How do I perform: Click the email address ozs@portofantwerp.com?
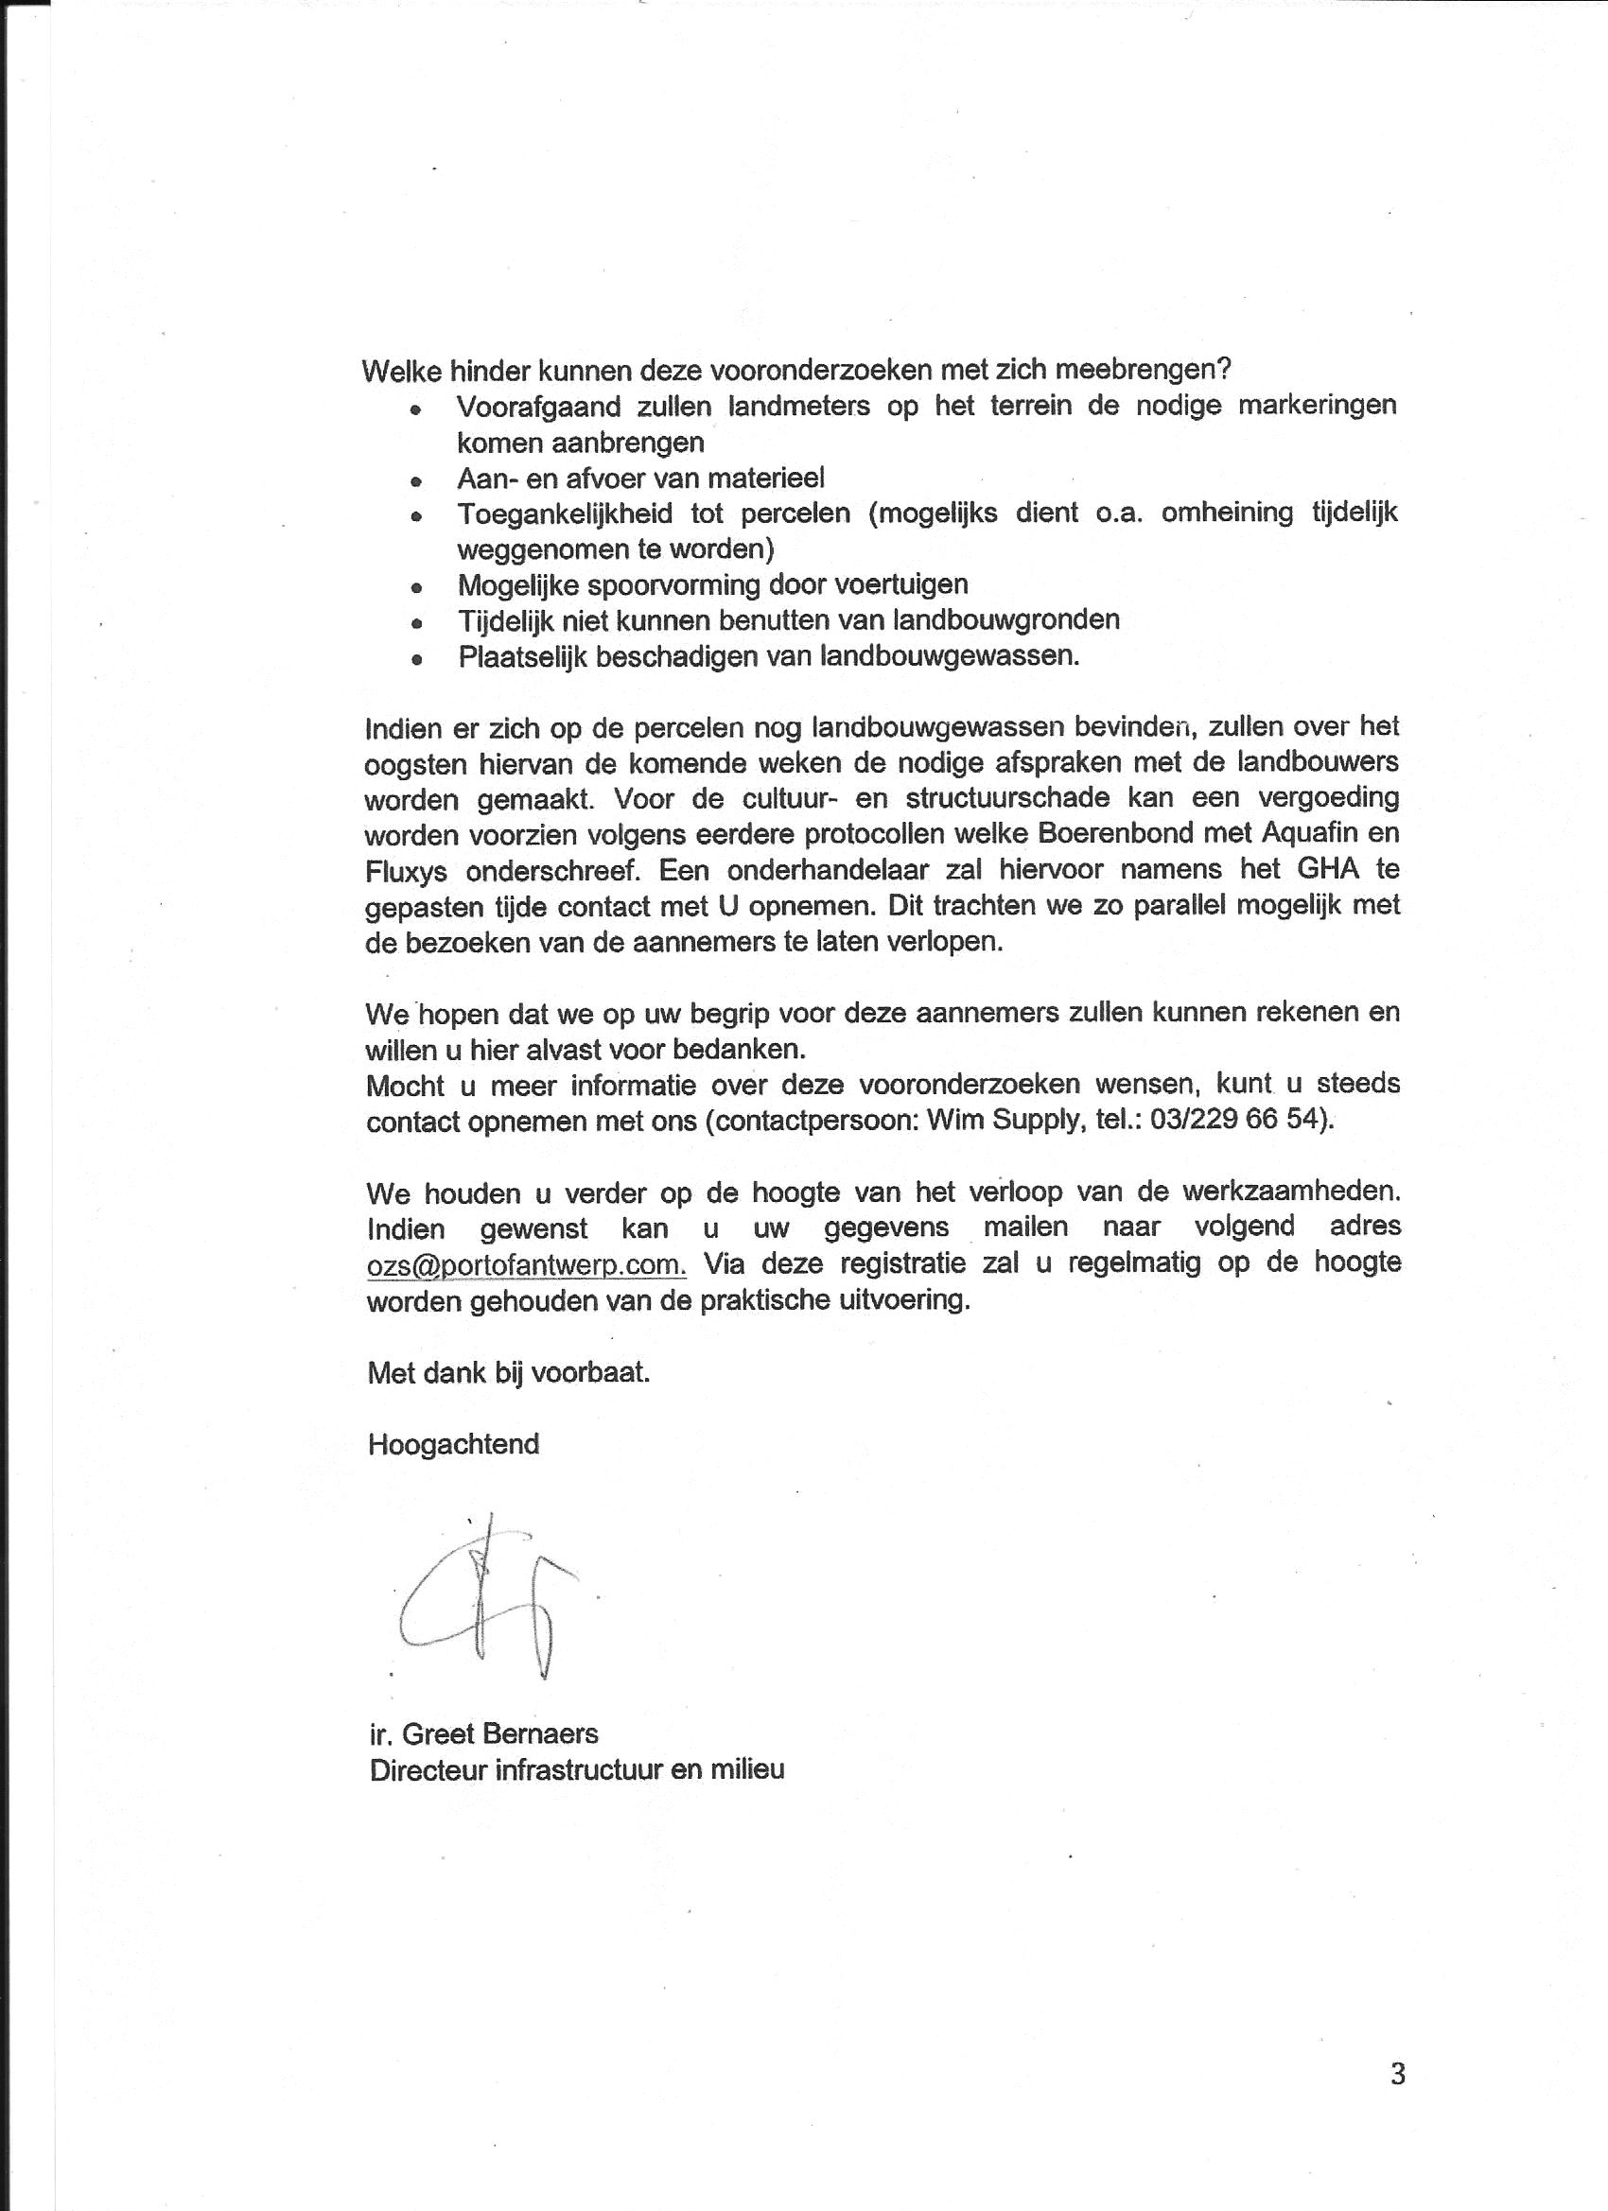pos(527,1265)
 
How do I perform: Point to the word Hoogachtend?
pos(453,1444)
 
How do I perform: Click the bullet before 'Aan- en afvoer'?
pos(416,481)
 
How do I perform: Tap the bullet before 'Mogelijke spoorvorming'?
pos(416,588)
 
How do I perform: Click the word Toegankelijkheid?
pos(565,514)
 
